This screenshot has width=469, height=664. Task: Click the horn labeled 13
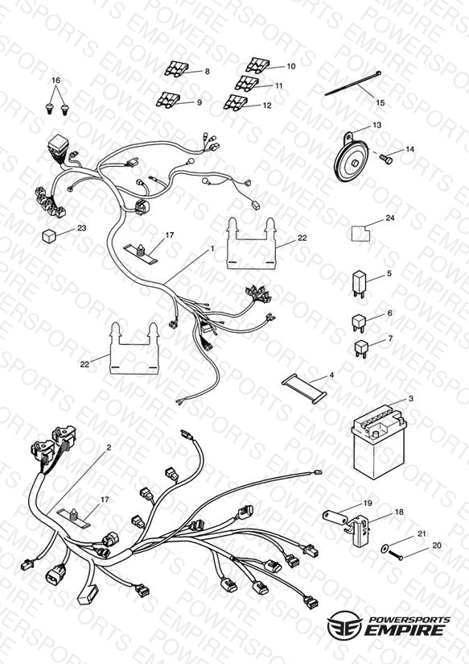point(351,160)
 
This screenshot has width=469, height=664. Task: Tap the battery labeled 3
point(379,442)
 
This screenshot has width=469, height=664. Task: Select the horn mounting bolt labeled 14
point(385,160)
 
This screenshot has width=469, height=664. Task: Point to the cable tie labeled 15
point(353,85)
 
